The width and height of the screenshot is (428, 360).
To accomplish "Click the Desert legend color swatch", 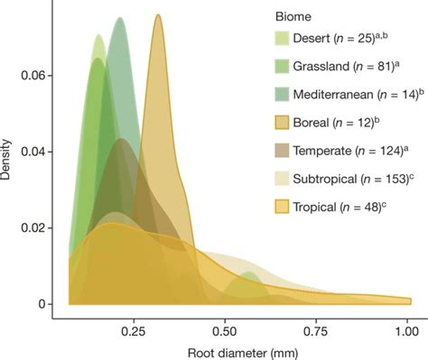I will pos(287,39).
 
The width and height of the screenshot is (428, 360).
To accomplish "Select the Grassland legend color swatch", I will pos(287,67).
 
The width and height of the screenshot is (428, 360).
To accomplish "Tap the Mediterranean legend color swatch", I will pos(287,95).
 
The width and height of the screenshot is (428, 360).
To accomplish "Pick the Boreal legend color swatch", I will pos(287,123).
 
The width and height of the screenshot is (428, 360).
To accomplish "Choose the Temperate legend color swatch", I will pos(287,151).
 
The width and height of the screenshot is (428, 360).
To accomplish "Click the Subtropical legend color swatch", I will pos(287,179).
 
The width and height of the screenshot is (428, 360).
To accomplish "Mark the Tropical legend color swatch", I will pos(287,207).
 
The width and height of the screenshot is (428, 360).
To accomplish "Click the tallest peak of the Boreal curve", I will pos(158,15).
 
